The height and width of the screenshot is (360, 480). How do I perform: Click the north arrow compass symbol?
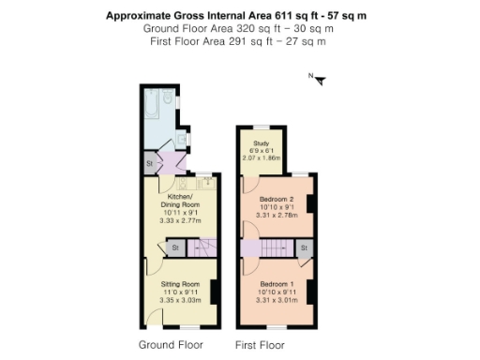[x=320, y=79]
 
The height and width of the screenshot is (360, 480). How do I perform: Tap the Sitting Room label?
[x=179, y=283]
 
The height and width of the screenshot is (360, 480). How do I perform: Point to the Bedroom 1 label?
[x=277, y=284]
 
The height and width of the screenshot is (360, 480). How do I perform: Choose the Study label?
[x=262, y=143]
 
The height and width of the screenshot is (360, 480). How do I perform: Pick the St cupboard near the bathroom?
[x=149, y=164]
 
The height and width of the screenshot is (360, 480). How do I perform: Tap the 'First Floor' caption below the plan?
[x=260, y=345]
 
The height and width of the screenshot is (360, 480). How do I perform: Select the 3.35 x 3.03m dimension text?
[x=179, y=300]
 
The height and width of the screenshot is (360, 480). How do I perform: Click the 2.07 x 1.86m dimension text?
[x=262, y=158]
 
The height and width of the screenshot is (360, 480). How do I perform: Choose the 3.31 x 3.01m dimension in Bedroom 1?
[x=277, y=301]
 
